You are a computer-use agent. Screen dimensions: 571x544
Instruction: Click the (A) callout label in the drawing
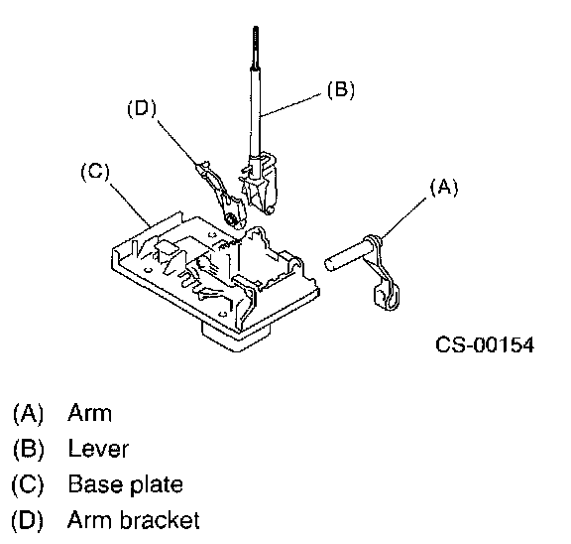(444, 189)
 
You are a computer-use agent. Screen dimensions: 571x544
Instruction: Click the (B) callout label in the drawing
(341, 89)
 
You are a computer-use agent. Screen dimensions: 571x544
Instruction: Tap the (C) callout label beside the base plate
(95, 172)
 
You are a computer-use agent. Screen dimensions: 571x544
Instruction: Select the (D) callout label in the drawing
(142, 108)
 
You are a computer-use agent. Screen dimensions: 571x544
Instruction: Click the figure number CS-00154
(485, 344)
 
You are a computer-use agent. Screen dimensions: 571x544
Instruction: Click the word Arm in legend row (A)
(89, 413)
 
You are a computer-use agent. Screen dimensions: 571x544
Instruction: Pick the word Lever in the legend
(98, 449)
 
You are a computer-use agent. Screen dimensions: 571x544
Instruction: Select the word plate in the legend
(157, 484)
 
